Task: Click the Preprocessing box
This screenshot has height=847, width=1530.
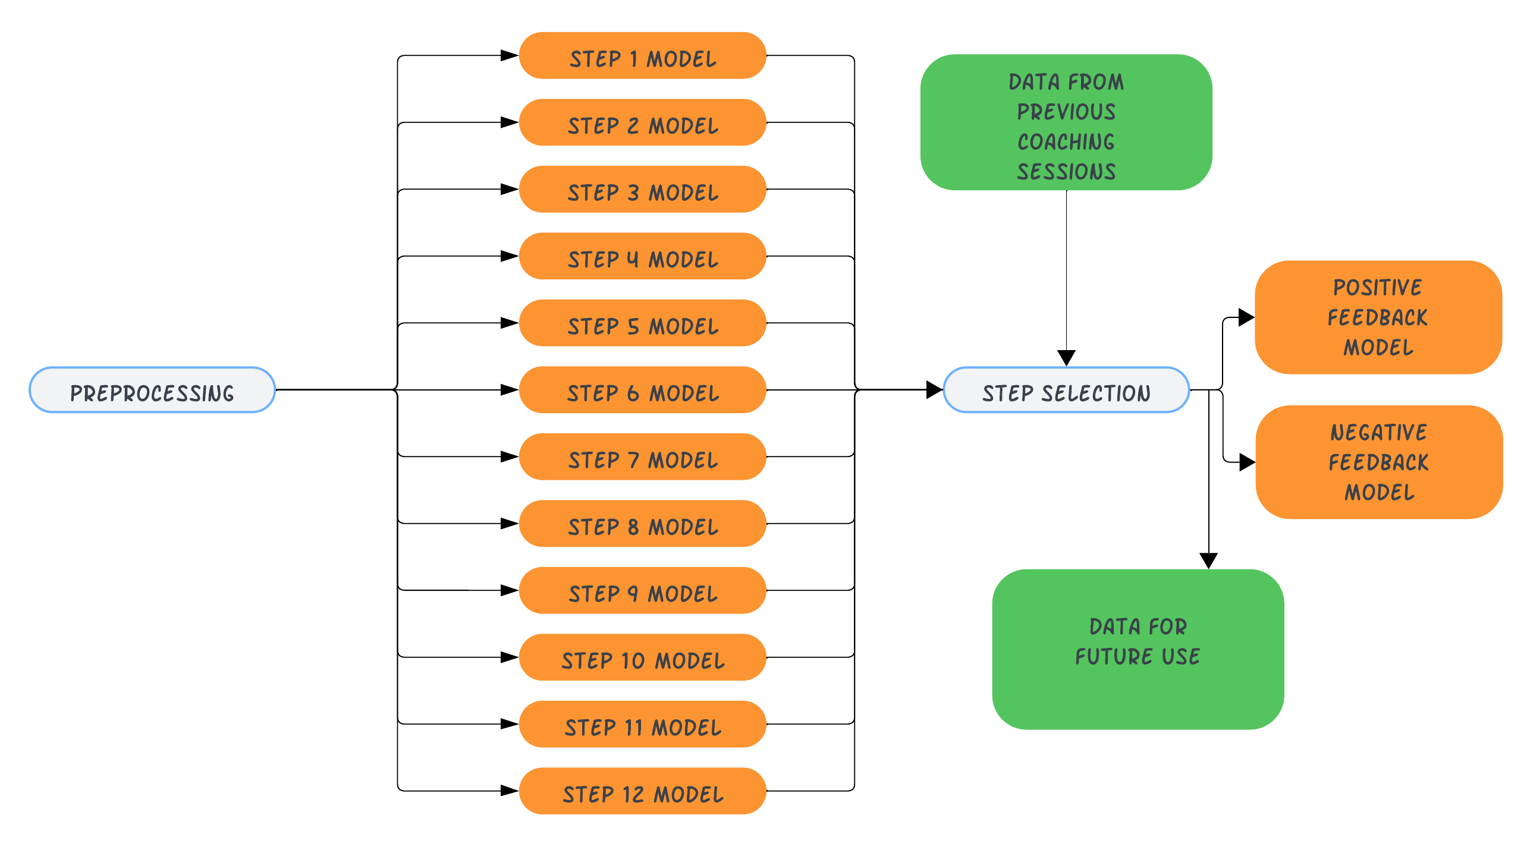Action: click(x=152, y=390)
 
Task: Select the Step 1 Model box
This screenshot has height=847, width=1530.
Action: click(x=642, y=56)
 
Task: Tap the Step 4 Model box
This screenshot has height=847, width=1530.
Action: click(x=642, y=256)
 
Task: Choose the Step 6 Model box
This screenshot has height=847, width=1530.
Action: click(x=642, y=390)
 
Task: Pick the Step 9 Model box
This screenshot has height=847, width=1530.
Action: click(x=642, y=590)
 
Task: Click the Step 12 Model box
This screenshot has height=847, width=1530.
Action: click(x=642, y=791)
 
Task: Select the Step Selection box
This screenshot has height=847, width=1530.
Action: click(x=1066, y=390)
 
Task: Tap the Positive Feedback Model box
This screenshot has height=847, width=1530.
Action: click(x=1378, y=317)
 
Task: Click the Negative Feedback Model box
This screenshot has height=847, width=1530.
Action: click(x=1378, y=462)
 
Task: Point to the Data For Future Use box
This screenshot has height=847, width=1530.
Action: click(x=1138, y=649)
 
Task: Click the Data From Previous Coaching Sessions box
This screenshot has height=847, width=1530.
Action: click(x=1066, y=122)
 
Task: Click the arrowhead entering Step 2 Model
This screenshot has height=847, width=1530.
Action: click(x=510, y=122)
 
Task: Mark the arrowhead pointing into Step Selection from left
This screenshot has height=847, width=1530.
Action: click(x=934, y=390)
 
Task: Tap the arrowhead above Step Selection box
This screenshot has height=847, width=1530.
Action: click(x=1066, y=358)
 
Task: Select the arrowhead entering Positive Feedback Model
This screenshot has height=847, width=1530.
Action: click(x=1246, y=317)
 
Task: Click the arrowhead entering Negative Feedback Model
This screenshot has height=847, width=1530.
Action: click(x=1247, y=462)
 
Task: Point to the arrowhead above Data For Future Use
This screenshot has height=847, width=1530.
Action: click(x=1208, y=561)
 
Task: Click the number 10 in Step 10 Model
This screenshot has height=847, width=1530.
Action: click(x=632, y=661)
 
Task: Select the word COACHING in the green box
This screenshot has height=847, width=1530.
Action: click(x=1066, y=142)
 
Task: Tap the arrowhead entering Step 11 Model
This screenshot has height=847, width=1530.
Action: click(x=510, y=724)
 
